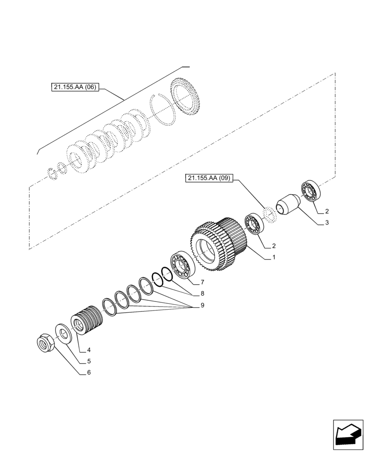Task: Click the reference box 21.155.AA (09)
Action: coord(208,179)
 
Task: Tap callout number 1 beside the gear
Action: coord(273,257)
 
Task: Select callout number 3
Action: coord(326,223)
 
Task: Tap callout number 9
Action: coord(202,305)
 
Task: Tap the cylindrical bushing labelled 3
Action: coord(288,203)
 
